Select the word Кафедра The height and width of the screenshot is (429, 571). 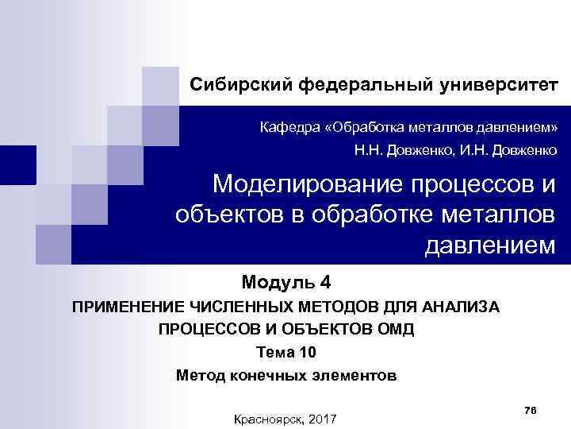coord(294,127)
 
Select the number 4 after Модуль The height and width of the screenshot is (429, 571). coord(326,282)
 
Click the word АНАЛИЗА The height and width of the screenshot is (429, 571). coord(461,307)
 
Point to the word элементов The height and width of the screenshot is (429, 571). coord(354,375)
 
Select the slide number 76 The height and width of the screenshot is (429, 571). coord(531,408)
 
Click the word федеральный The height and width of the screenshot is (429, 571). coord(362,84)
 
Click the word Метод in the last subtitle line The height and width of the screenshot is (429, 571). coord(198,375)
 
